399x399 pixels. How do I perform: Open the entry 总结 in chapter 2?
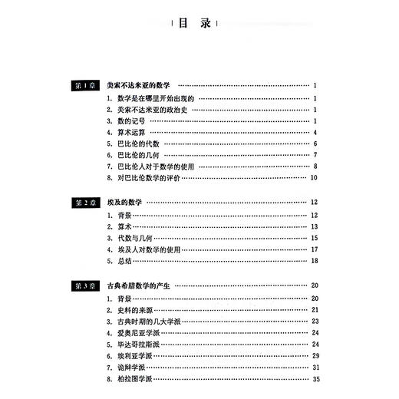(121, 261)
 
